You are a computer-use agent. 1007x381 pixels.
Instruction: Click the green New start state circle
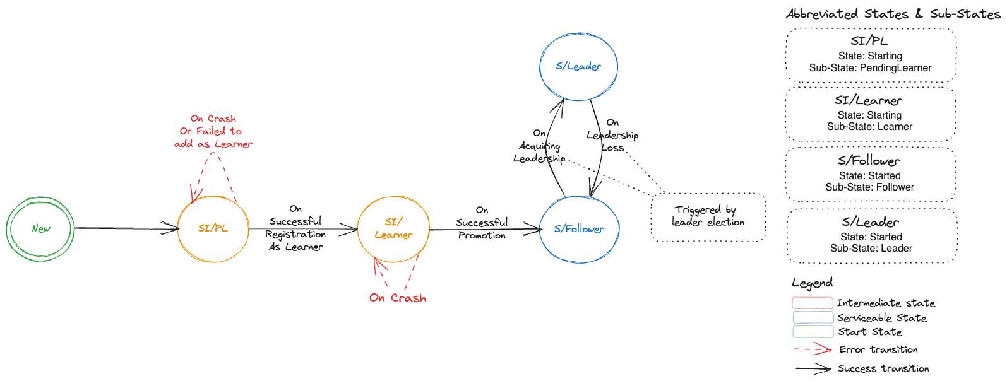point(40,228)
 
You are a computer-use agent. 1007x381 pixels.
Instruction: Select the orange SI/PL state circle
point(213,228)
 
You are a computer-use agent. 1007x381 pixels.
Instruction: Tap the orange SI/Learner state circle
point(393,228)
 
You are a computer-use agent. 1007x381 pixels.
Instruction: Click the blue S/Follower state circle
point(579,229)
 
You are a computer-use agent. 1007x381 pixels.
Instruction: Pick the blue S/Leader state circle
point(578,66)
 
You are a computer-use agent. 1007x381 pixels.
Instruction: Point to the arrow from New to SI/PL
point(126,228)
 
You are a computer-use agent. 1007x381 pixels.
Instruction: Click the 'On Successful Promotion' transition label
point(482,223)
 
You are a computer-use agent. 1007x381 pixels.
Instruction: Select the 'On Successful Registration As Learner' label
point(295,228)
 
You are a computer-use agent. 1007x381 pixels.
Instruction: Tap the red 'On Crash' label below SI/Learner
point(398,298)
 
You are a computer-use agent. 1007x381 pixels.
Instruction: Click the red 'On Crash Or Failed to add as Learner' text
point(213,131)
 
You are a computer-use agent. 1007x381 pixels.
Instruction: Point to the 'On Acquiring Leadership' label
point(539,146)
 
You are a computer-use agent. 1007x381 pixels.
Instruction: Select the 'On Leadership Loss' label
point(612,135)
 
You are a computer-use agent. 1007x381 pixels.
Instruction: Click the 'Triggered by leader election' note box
point(708,216)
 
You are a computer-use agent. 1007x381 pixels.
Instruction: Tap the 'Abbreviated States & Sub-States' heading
point(893,14)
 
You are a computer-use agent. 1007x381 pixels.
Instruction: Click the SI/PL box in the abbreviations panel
point(871,55)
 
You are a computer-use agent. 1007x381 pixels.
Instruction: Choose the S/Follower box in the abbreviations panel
point(870,175)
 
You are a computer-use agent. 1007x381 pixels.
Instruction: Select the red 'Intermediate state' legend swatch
point(813,303)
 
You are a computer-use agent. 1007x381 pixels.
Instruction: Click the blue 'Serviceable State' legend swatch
point(813,317)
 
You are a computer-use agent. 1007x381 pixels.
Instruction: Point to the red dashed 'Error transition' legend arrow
point(813,349)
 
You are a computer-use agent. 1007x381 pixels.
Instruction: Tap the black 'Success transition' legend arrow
point(813,368)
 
